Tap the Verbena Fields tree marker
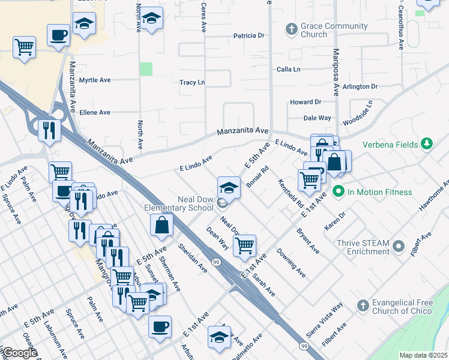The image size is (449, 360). tap(427, 144)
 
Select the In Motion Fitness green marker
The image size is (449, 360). tap(338, 192)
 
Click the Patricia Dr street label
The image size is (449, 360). tap(249, 36)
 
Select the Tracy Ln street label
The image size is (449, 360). tap(192, 82)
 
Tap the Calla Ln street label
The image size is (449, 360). tap(289, 70)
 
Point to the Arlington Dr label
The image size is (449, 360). tap(360, 86)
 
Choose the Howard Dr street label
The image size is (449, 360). tap(306, 103)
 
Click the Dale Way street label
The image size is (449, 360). tap(317, 118)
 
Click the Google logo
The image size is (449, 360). tap(19, 353)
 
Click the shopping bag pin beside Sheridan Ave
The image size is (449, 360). tap(162, 226)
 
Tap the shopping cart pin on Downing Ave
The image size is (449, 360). tap(245, 245)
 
